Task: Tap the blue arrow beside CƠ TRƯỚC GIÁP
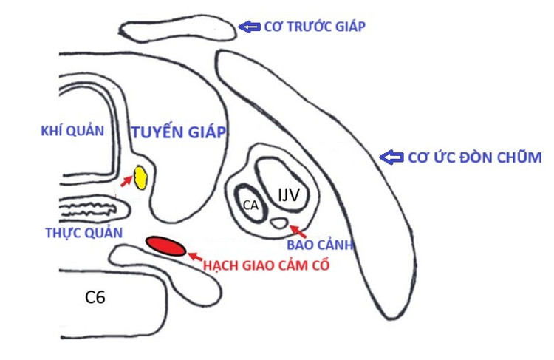(248, 27)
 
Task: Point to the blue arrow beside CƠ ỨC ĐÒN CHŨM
(390, 157)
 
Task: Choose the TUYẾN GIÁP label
(178, 132)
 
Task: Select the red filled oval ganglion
(165, 246)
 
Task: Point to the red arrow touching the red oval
(194, 257)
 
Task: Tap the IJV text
(288, 195)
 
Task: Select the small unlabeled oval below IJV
(279, 222)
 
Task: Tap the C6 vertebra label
(95, 298)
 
